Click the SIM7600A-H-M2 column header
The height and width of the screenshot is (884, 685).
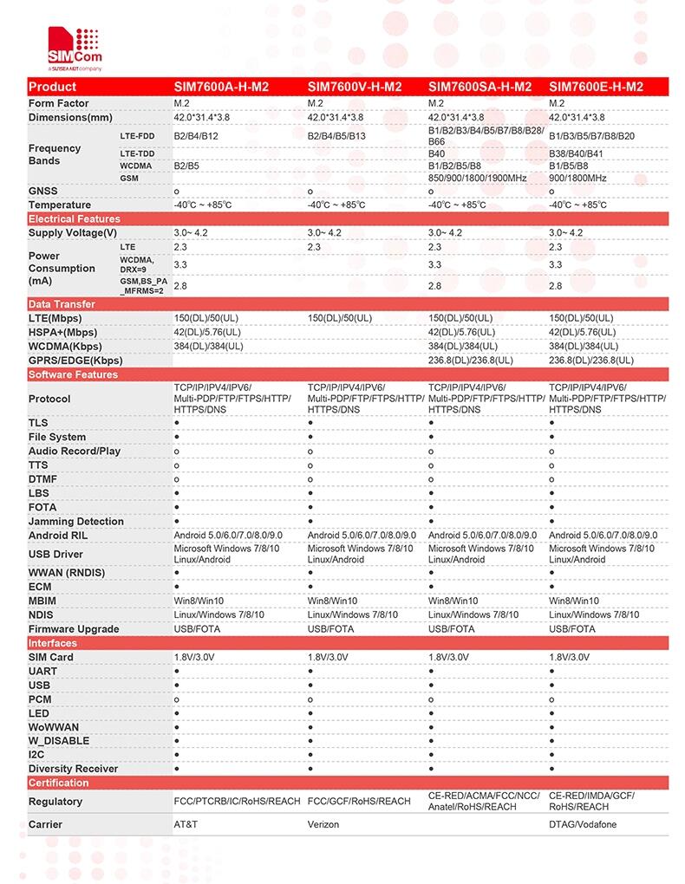222,87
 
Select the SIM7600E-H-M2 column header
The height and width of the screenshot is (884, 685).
596,87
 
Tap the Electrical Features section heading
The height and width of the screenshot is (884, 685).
75,219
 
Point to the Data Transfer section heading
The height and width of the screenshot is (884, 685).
62,304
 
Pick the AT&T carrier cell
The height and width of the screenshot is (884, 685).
186,824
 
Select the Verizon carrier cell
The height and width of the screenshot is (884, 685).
323,824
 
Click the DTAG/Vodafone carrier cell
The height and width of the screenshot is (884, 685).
583,824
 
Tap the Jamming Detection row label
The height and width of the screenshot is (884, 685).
76,522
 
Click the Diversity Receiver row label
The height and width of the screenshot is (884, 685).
73,769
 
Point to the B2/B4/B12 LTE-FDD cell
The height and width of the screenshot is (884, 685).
196,136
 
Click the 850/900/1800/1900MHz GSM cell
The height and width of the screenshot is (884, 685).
478,178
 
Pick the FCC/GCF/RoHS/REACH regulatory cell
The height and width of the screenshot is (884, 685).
359,802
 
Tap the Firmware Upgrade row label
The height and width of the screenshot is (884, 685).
74,629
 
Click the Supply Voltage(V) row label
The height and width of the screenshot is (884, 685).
72,233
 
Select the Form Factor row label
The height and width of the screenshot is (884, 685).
59,104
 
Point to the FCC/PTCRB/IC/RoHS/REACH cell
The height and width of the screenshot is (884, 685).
237,802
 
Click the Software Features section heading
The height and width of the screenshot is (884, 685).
73,374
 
